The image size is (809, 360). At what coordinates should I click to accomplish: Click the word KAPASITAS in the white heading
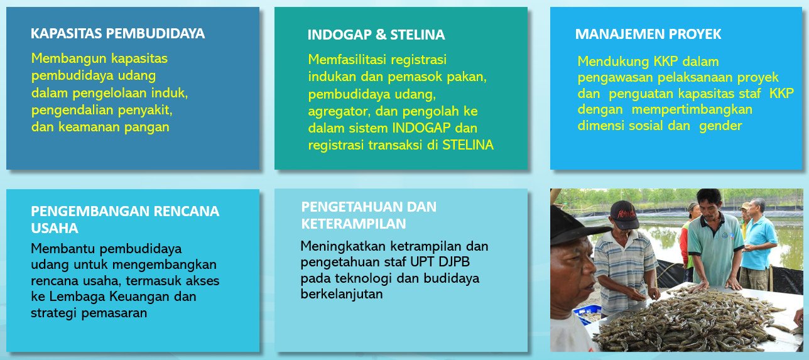[x=67, y=33]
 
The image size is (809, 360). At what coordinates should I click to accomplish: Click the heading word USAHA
[x=55, y=228]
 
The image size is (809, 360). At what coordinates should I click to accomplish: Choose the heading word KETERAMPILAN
[x=354, y=224]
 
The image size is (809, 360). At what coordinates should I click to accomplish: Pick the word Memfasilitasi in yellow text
[x=347, y=59]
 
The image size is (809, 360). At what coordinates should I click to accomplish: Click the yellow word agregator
[x=339, y=112]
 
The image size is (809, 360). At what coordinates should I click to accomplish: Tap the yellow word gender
[x=720, y=126]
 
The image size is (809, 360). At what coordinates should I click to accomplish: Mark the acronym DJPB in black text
[x=453, y=262]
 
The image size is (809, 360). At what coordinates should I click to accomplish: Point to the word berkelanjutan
[x=342, y=294]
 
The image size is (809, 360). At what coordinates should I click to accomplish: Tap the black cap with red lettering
[x=624, y=214]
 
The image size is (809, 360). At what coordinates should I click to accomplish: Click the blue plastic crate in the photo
[x=587, y=314]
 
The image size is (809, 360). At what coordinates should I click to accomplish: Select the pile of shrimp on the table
[x=686, y=322]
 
